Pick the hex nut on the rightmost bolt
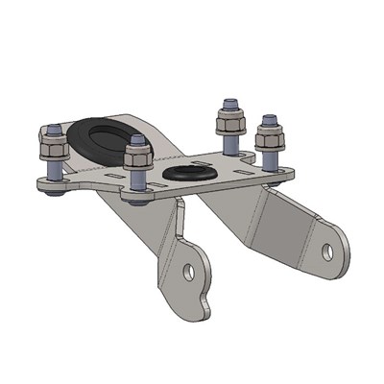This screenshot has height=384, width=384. pyautogui.click(x=270, y=133)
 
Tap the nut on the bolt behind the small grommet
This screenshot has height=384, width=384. pyautogui.click(x=230, y=119)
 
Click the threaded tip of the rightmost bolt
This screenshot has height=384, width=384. pyautogui.click(x=270, y=118)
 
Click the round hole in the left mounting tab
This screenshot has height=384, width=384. pyautogui.click(x=189, y=273)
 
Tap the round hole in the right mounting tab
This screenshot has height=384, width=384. pyautogui.click(x=326, y=252)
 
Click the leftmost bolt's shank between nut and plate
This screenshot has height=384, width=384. pyautogui.click(x=54, y=170)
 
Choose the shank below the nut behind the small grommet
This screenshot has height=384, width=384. pyautogui.click(x=230, y=142)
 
